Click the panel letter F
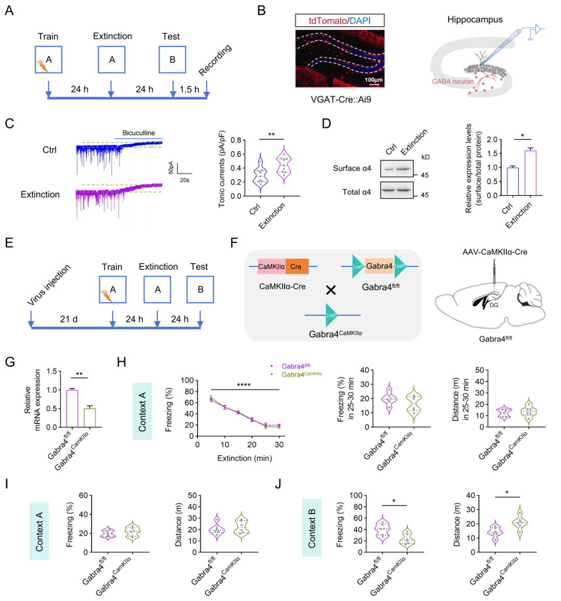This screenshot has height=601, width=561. [x=234, y=243]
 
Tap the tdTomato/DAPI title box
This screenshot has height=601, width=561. [x=340, y=20]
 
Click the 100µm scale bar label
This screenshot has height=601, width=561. [x=373, y=80]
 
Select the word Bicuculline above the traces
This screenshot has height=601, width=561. [x=139, y=133]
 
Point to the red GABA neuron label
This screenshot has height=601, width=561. [x=452, y=81]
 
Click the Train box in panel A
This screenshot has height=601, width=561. [x=48, y=60]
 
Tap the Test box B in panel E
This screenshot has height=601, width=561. [x=200, y=290]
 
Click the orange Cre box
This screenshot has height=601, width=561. [x=297, y=267]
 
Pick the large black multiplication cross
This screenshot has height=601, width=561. [x=330, y=290]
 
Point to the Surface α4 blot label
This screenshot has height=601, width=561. [x=352, y=168]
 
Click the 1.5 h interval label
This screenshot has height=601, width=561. [x=189, y=89]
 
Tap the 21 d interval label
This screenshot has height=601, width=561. [x=69, y=319]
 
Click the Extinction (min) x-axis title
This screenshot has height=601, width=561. [x=244, y=458]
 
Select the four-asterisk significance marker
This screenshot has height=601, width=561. [x=244, y=385]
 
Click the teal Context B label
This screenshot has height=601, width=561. [x=312, y=527]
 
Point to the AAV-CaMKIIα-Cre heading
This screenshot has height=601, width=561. [x=495, y=252]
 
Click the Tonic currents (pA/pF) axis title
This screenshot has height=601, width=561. [x=222, y=169]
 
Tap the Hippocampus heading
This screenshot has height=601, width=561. [x=475, y=20]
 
